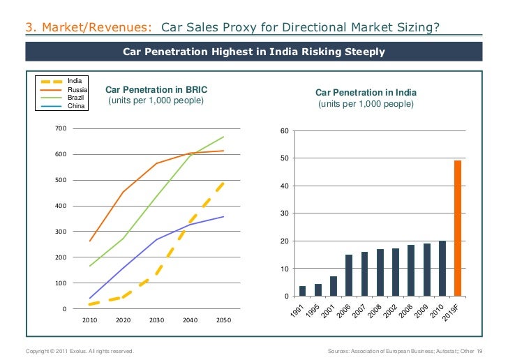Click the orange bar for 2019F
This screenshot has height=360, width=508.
(458, 228)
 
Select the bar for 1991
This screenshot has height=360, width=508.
(302, 291)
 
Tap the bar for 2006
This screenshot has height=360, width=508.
(349, 275)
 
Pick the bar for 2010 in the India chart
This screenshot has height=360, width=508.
(442, 269)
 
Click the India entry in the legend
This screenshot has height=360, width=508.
(75, 82)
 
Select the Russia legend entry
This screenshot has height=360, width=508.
(77, 90)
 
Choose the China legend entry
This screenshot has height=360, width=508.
(76, 106)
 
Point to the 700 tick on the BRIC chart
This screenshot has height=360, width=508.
(60, 128)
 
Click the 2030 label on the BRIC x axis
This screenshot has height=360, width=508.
(156, 321)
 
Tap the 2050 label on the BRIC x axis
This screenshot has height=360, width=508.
(223, 321)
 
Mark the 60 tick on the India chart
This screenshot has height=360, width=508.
(283, 131)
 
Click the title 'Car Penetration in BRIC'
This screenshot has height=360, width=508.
(156, 90)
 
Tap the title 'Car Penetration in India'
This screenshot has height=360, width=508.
(366, 92)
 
